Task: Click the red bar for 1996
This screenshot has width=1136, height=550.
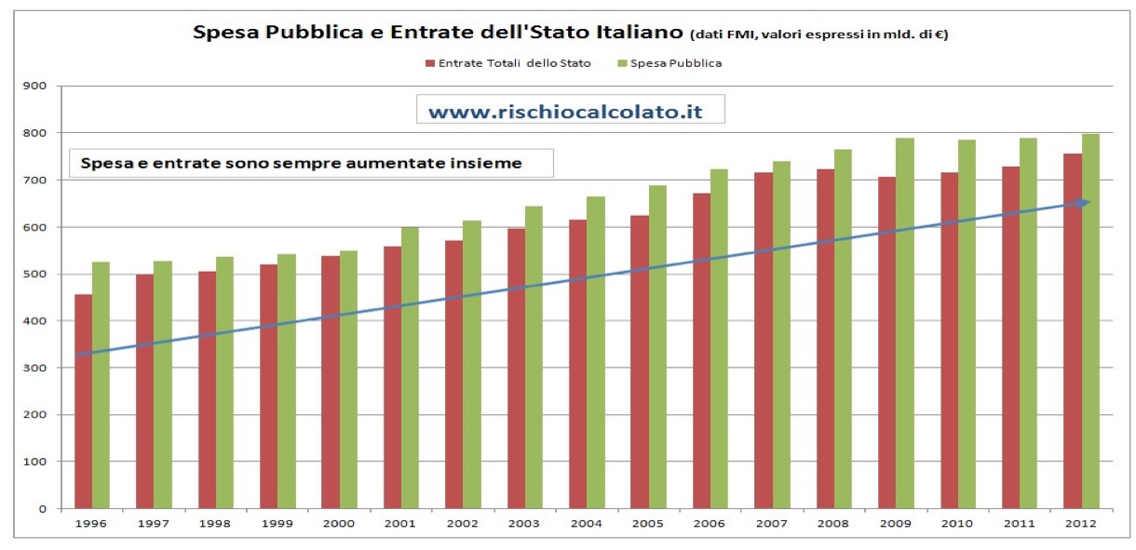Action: click(83, 401)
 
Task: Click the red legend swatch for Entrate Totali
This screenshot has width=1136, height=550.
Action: click(430, 64)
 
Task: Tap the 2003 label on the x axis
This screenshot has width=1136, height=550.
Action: click(524, 524)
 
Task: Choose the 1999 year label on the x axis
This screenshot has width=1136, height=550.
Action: click(277, 524)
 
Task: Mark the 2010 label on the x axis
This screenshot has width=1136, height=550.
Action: click(957, 524)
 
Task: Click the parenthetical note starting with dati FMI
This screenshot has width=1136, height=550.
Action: click(818, 34)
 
